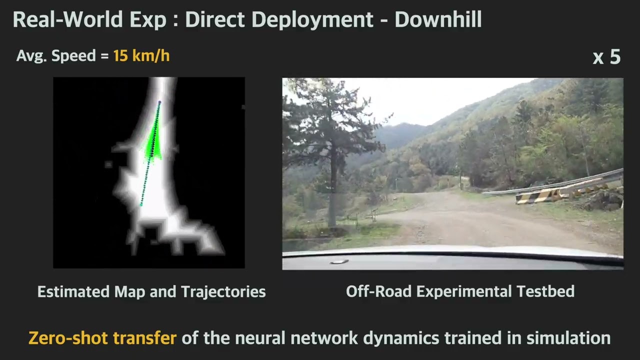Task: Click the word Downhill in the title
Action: [438, 19]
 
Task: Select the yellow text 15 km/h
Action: [141, 55]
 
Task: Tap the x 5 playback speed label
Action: [606, 57]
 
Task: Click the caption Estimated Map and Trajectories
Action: [151, 291]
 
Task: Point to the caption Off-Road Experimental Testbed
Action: [460, 291]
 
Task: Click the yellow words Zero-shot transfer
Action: [102, 338]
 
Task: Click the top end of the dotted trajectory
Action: [160, 102]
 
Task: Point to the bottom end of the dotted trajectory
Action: [141, 205]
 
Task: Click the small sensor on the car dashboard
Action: [339, 261]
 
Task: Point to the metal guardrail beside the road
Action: [575, 183]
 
